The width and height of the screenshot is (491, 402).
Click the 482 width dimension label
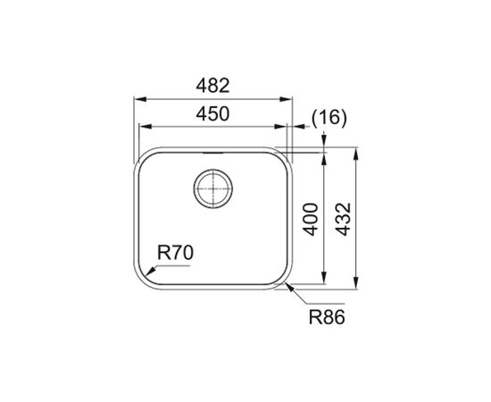212,86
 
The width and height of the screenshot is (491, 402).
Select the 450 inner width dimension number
212,113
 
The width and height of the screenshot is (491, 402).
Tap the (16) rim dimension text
329,119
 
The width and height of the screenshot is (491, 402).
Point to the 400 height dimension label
311,220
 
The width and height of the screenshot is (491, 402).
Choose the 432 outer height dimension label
343,220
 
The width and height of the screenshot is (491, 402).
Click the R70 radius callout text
175,253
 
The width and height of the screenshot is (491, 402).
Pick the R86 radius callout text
327,317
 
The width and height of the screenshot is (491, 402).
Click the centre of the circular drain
213,188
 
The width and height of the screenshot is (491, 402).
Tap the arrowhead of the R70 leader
150,272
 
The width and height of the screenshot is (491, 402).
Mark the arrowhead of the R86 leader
289,287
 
